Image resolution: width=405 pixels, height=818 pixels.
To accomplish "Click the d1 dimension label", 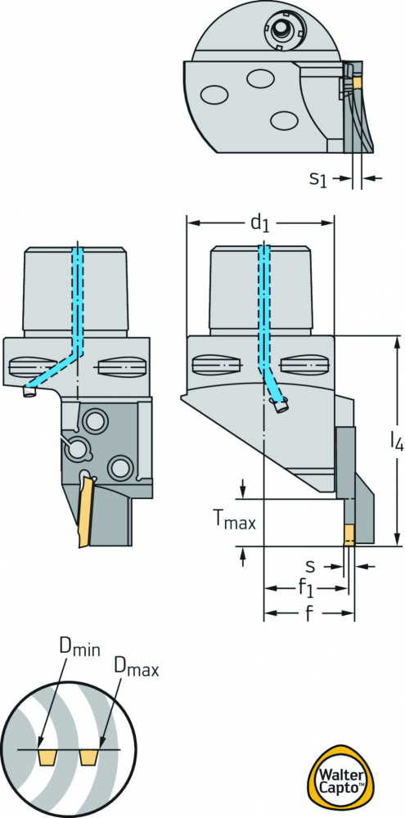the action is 259,223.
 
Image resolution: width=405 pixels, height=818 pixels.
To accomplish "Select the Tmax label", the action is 234,520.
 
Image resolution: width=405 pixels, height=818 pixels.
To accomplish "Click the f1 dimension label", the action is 306,589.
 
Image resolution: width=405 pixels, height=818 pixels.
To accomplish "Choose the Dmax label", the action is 136,667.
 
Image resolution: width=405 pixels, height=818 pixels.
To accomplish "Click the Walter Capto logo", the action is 340,780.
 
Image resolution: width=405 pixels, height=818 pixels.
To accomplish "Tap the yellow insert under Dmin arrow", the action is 48,757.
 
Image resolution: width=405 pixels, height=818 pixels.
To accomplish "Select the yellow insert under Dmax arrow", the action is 90,757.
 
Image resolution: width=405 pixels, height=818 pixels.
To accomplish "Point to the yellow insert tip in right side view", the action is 349,535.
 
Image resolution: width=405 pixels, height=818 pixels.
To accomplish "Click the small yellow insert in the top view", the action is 358,83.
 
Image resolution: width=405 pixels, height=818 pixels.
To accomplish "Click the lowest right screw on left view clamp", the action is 119,466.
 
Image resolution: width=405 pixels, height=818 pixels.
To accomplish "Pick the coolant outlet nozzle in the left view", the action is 29,391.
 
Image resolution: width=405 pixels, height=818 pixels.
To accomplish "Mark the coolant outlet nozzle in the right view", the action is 281,406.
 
